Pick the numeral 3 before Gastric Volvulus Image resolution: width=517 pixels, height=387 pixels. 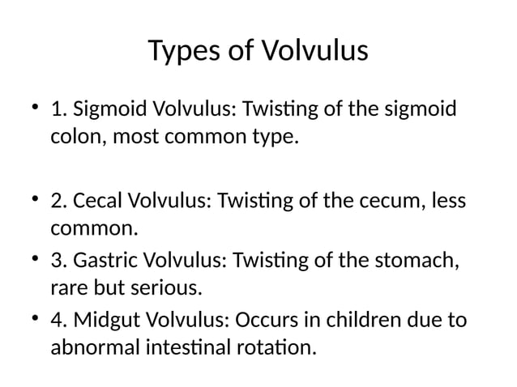click(57, 263)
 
